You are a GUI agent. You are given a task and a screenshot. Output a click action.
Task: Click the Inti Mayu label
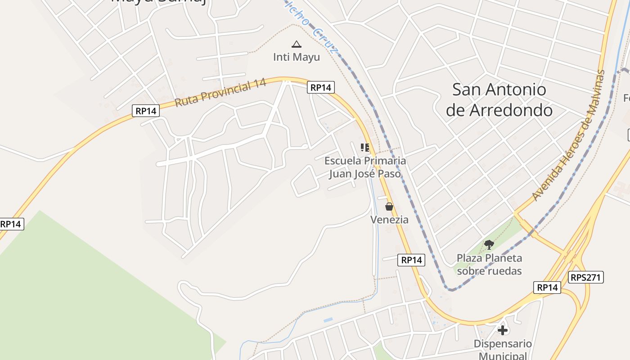297,57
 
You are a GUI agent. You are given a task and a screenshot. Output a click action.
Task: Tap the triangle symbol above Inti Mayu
296,44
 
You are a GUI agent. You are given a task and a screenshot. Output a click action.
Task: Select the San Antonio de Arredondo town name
499,99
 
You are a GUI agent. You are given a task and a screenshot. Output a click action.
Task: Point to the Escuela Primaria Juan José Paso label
365,167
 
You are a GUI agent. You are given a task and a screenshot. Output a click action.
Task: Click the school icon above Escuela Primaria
365,147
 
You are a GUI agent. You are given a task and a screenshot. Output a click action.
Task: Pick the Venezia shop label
389,220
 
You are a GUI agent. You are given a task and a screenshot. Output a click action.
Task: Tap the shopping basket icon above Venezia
389,207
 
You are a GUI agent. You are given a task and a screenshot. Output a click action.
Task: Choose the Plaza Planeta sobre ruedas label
489,264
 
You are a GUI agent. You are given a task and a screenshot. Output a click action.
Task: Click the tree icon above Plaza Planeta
489,245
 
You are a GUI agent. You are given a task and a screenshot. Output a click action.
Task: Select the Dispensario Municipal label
503,350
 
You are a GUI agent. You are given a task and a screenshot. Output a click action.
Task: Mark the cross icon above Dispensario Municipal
503,330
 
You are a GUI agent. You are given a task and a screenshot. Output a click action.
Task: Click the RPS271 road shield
586,277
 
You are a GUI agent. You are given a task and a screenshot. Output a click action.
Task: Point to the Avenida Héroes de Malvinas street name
569,135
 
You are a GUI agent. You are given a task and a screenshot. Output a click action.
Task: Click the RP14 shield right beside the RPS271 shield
547,288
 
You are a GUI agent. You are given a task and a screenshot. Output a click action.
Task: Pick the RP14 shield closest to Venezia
411,260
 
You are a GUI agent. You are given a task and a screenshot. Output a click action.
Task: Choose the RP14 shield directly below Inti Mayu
321,87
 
